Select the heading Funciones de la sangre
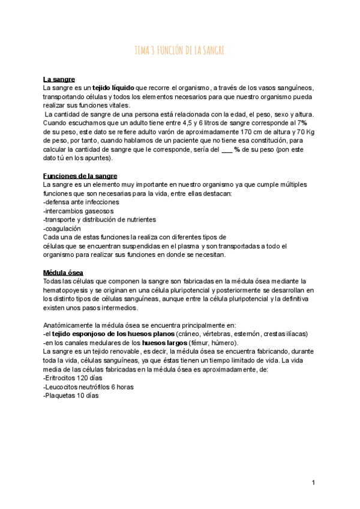80,176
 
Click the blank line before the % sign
227,149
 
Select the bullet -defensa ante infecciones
81,202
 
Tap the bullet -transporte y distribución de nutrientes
100,220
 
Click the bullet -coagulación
63,229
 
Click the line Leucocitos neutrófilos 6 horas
88,387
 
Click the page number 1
313,483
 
